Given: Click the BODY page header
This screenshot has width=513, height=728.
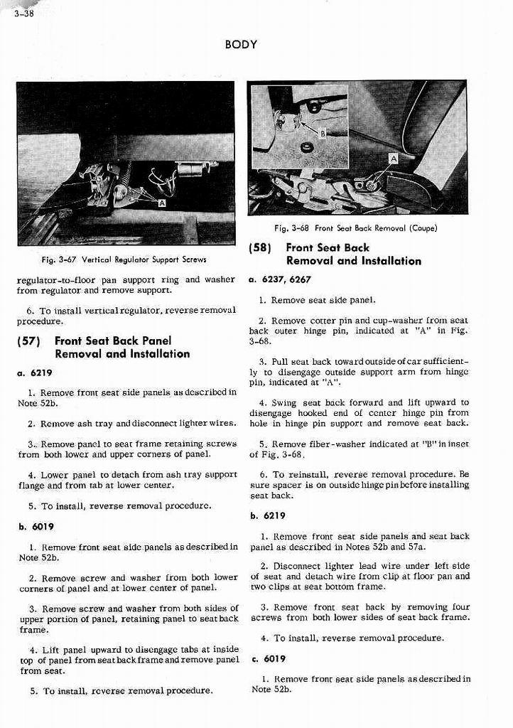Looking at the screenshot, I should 240,45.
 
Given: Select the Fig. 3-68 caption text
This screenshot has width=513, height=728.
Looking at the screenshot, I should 355,228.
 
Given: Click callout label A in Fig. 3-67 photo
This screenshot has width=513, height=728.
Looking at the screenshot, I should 162,203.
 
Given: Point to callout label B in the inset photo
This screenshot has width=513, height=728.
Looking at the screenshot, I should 322,133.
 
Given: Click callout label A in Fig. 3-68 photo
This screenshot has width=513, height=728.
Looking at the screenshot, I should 393,159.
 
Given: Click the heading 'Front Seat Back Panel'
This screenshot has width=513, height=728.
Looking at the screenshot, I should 112,341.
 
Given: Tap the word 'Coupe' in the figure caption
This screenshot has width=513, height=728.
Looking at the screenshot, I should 423,228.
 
